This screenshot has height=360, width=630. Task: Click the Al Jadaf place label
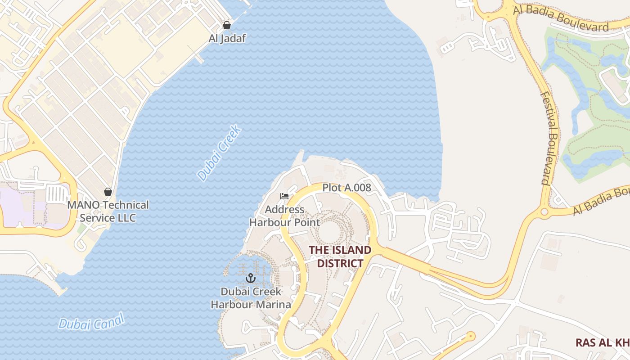(x=227, y=38)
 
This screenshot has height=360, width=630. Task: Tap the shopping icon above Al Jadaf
(x=227, y=25)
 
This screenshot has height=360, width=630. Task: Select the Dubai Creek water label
(x=220, y=153)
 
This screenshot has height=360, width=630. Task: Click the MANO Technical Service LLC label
(x=108, y=211)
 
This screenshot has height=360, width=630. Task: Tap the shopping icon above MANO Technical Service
(x=108, y=192)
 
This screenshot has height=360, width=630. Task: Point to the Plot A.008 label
(x=346, y=188)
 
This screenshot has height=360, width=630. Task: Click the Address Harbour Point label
(x=284, y=216)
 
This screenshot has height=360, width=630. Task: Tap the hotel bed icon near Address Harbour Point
(x=284, y=196)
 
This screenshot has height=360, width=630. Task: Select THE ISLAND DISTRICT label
(x=340, y=256)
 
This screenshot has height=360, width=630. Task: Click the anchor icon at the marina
(x=251, y=278)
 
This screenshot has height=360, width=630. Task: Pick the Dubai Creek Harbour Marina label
(x=251, y=298)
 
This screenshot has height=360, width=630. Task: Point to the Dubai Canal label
(x=91, y=323)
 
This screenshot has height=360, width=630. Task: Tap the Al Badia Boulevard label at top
(x=562, y=18)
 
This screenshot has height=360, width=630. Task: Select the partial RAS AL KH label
(x=602, y=342)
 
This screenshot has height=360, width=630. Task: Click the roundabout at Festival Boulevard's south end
(x=544, y=211)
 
